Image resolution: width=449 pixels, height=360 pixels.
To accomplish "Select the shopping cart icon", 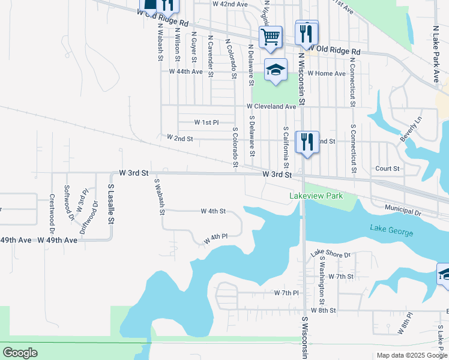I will click(x=270, y=37).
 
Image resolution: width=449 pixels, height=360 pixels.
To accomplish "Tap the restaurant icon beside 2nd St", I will click(x=307, y=142).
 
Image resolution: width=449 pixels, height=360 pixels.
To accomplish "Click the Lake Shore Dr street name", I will click(x=330, y=255).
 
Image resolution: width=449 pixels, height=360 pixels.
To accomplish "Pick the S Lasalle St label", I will click(x=110, y=204).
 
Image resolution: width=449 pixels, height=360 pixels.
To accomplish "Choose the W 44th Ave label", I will click(x=186, y=71).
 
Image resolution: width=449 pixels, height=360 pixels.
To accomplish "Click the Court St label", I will click(x=387, y=169).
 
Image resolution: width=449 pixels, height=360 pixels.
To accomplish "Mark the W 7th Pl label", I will click(x=286, y=293).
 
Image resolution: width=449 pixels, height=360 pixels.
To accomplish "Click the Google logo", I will click(x=20, y=353).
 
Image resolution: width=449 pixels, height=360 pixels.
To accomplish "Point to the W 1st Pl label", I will click(x=206, y=122).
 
